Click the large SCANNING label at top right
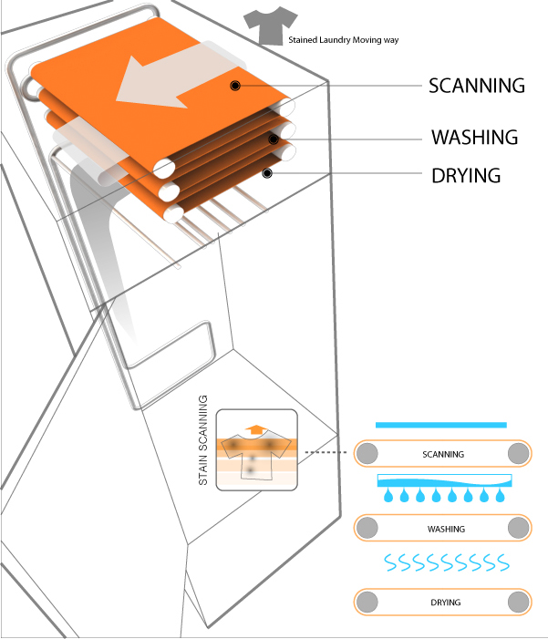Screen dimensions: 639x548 477,86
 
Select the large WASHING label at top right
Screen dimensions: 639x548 474,138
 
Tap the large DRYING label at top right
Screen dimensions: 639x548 466,174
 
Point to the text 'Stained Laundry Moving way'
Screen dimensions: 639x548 344,40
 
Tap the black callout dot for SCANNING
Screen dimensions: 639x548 235,86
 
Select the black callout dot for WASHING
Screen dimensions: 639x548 273,139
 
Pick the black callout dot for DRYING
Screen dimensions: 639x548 267,172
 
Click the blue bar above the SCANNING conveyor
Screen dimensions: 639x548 441,425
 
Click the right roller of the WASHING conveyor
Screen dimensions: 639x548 518,528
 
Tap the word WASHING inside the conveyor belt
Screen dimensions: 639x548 446,529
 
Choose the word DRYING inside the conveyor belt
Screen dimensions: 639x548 444,603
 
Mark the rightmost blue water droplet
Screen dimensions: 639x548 500,496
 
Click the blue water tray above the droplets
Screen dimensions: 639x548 444,480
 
